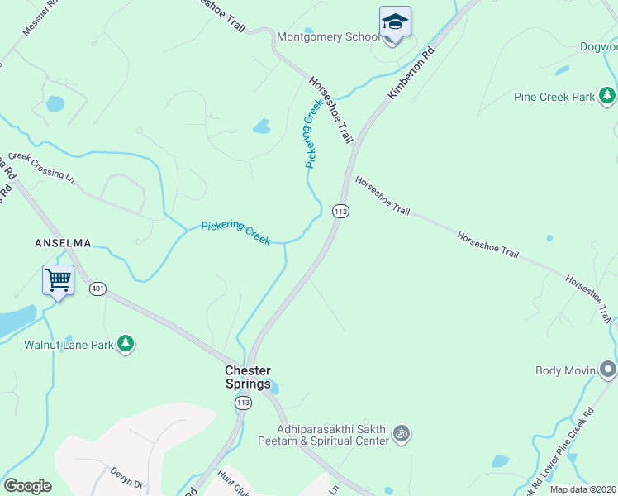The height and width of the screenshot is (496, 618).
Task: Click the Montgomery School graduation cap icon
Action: coord(395,22)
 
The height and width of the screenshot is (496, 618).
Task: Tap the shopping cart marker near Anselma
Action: coord(59,280)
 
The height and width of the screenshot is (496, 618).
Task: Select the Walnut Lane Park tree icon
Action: coord(126,343)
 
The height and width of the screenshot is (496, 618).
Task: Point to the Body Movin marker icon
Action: coord(608,370)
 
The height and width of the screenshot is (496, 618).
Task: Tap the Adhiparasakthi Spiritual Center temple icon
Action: coord(402,432)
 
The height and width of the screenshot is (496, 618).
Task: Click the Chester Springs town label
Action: coord(248,377)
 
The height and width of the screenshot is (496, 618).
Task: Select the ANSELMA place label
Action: coord(62,243)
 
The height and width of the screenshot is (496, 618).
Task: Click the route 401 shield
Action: coord(98,289)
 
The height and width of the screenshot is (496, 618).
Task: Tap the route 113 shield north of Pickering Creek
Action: coord(340,212)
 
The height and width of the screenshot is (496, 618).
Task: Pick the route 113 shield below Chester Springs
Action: coord(242,403)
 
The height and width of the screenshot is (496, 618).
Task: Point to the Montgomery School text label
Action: coord(328,36)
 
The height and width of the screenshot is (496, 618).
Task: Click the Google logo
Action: coord(28,486)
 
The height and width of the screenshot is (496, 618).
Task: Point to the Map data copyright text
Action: coord(582,489)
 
